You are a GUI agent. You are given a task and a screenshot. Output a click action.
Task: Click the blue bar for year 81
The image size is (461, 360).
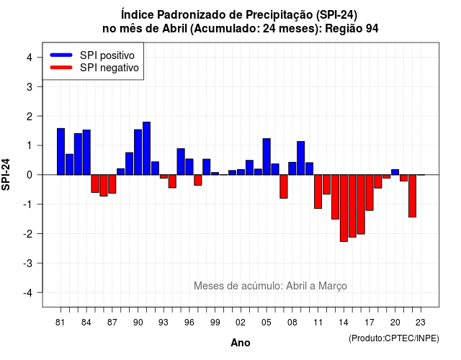(61, 152)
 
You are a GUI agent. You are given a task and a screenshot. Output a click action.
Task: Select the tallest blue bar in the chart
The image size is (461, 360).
(146, 148)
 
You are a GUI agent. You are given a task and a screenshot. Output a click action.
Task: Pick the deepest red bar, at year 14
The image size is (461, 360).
(344, 208)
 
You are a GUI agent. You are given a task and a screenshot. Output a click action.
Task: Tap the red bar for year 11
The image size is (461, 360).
(318, 192)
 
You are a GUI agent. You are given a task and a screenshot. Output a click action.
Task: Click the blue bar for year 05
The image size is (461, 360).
(267, 157)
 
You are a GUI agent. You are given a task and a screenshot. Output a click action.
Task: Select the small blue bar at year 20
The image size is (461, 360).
(395, 172)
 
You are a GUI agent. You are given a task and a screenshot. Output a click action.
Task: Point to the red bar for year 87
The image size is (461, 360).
(112, 184)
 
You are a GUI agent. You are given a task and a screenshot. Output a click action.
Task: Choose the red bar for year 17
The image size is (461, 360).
(370, 192)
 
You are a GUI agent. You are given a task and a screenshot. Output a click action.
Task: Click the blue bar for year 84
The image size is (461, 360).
(86, 152)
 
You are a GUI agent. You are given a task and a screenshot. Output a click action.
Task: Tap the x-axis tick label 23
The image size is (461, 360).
(421, 323)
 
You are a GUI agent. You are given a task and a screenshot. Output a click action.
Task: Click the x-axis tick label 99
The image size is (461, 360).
(215, 323)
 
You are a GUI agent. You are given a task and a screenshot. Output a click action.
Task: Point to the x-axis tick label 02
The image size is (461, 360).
(241, 323)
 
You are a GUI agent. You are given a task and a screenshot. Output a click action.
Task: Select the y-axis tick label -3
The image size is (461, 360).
(28, 263)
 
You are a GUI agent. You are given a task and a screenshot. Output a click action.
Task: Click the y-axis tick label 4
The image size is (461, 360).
(30, 58)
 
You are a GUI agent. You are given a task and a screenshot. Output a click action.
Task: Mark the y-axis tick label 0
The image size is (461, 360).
(30, 175)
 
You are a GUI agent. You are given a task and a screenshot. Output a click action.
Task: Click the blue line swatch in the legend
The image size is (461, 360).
(61, 55)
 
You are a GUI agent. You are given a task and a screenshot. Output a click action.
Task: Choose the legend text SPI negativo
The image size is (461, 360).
(109, 68)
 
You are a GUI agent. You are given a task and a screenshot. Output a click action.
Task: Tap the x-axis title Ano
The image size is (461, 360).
(241, 343)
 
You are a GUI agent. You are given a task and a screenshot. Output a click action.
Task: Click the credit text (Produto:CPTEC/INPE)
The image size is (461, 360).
(394, 338)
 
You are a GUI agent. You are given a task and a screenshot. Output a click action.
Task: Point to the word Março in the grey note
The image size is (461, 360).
(333, 286)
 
